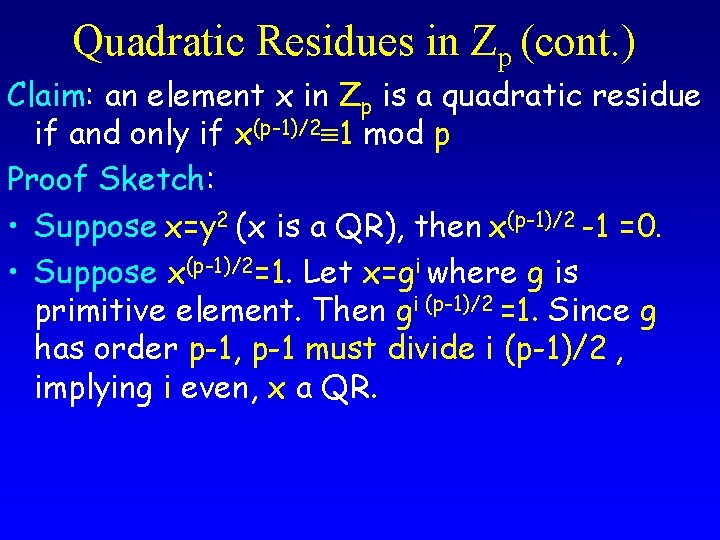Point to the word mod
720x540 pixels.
393,133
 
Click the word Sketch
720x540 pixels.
151,180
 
